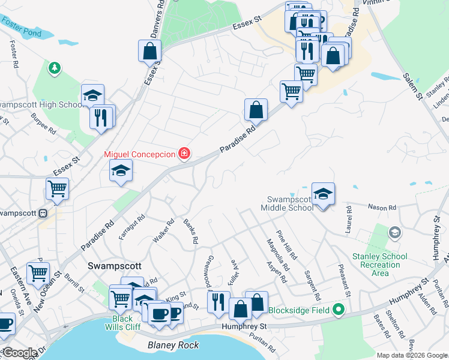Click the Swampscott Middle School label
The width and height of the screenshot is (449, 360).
[x=291, y=203]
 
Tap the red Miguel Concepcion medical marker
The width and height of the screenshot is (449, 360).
[x=185, y=154]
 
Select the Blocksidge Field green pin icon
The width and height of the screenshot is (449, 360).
[x=339, y=310]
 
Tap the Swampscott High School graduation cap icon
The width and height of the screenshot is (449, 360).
[x=93, y=95]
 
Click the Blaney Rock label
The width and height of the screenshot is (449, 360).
[x=173, y=345]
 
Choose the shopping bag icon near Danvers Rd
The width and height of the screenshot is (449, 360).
[x=149, y=50]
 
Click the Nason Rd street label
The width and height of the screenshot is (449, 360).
[x=384, y=208]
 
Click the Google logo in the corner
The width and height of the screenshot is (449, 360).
[x=20, y=353]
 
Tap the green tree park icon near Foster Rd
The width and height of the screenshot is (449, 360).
[x=55, y=68]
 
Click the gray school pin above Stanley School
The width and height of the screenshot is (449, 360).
[x=394, y=232]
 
